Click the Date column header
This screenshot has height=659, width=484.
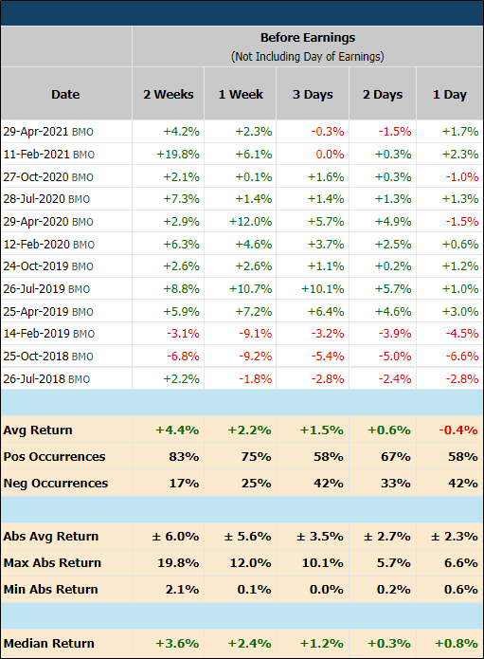pos(65,94)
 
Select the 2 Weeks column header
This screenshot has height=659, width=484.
pos(169,94)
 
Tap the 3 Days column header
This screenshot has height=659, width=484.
pos(312,94)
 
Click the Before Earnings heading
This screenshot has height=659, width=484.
pos(307,38)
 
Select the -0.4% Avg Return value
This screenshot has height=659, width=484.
pos(457,430)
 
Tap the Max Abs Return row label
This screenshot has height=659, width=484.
pos(50,562)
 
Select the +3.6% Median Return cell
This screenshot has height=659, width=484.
pos(178,643)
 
